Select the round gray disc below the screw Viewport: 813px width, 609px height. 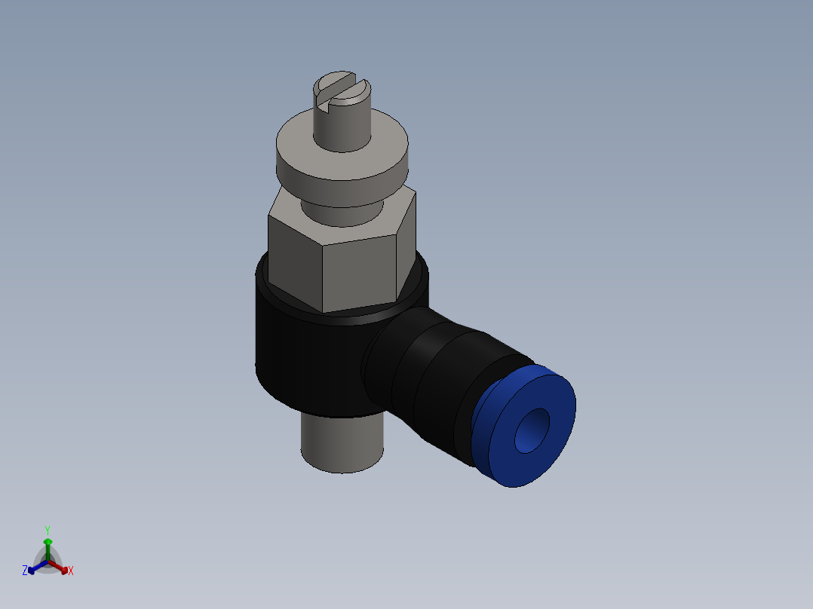(x=343, y=170)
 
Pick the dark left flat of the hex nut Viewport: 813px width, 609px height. (x=294, y=260)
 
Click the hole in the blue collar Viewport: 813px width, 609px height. (x=533, y=431)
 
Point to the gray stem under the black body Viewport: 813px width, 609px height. (x=342, y=445)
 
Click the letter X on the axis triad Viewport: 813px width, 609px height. (x=71, y=571)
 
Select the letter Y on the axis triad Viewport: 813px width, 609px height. (x=47, y=530)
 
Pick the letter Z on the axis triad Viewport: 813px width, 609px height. (x=25, y=571)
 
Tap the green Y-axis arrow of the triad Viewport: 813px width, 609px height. (x=48, y=546)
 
